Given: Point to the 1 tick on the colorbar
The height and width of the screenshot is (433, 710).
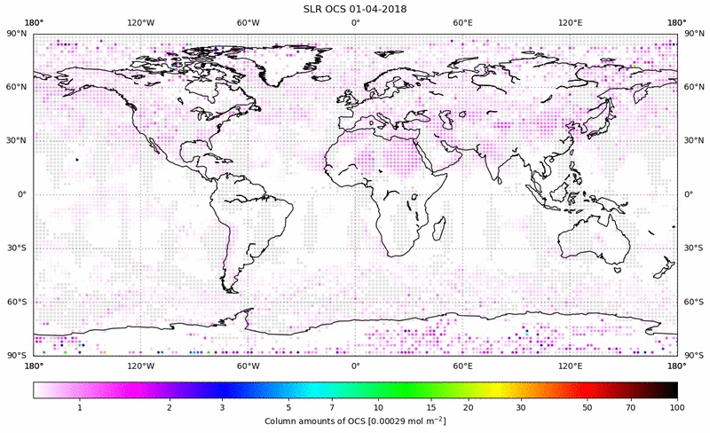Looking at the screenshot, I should point(80,407).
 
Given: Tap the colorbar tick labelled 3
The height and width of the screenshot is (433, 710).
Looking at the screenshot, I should point(223,407).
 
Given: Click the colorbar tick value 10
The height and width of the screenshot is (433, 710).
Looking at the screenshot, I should point(379,407).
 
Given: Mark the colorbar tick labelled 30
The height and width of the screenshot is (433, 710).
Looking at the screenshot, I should point(522,407).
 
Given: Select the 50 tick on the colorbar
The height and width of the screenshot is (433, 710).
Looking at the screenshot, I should point(588,407).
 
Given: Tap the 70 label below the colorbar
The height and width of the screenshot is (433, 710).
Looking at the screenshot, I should point(630,407).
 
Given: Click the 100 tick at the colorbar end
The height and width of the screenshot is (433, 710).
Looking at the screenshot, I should point(676,407).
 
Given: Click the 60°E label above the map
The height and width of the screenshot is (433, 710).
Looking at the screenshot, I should point(462,23).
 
